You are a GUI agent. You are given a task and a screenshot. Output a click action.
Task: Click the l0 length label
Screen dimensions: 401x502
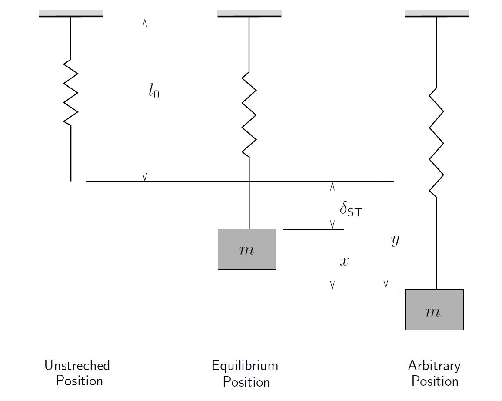pos(153,91)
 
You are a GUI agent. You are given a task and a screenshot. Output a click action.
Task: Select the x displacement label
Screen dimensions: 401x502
pos(344,262)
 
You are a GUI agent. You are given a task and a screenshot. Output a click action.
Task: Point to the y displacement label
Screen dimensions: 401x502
pos(395,239)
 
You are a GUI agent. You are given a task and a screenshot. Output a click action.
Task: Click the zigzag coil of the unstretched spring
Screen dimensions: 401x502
pos(71,93)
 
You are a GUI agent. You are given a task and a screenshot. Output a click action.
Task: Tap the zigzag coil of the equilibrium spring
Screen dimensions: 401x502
pos(249,114)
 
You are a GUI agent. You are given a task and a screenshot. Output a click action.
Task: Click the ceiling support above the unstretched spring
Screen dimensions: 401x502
pos(71,14)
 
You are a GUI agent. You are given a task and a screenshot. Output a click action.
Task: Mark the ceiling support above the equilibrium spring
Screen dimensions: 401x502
pos(249,14)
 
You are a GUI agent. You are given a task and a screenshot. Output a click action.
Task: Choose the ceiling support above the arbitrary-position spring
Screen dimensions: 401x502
pos(436,14)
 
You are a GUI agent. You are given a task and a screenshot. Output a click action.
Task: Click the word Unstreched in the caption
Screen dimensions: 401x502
pos(77,365)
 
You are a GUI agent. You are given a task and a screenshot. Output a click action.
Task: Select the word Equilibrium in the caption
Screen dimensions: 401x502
pos(245,365)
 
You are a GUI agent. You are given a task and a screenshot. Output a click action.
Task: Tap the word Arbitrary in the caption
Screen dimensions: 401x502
pos(434,365)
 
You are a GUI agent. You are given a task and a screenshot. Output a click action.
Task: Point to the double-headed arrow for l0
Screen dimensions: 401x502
pos(145,131)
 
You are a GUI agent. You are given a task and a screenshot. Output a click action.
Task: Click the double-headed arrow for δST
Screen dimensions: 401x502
pos(332,205)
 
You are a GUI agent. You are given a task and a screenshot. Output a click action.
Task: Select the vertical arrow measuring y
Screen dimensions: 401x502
pos(386,235)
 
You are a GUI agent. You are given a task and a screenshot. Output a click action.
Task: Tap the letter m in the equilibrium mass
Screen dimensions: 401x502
pos(246,250)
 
